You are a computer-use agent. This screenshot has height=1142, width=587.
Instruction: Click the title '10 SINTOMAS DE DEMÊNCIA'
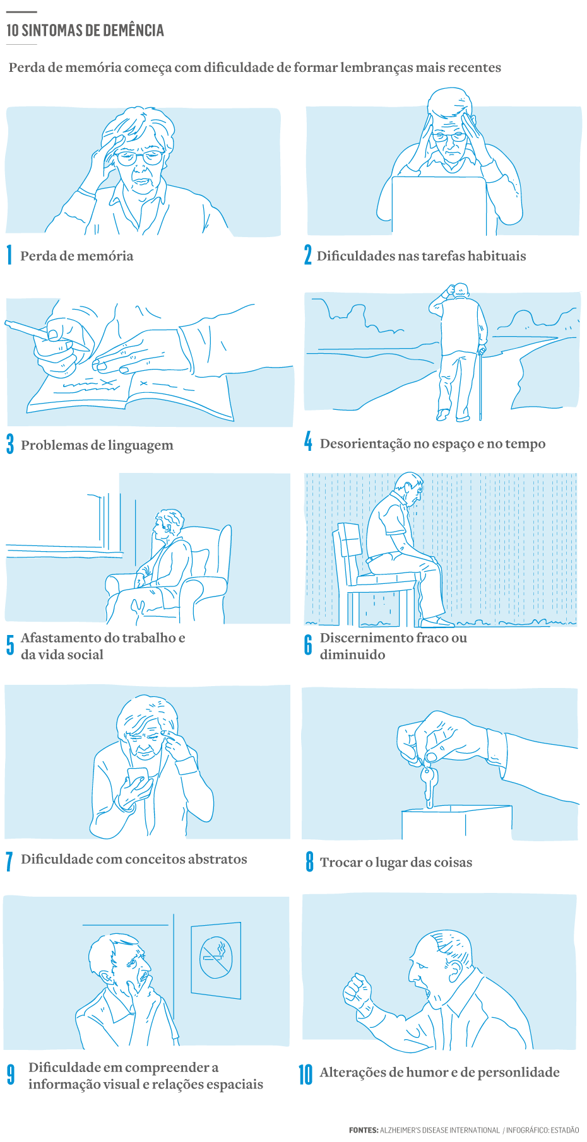85,30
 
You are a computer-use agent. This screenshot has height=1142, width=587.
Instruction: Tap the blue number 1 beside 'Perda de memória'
9,255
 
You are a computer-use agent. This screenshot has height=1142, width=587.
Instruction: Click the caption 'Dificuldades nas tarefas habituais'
421,256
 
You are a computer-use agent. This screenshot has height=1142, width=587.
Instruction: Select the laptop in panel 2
439,205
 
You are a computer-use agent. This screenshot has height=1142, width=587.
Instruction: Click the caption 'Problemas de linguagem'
97,445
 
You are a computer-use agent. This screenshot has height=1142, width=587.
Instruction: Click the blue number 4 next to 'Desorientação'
308,441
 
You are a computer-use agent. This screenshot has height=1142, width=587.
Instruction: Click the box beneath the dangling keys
456,822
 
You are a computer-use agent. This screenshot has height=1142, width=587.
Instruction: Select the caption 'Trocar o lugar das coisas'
396,863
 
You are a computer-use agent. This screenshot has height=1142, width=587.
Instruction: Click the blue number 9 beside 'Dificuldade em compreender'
11,1075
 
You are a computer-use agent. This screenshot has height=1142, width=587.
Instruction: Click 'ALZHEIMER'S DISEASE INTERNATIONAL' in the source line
439,1130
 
